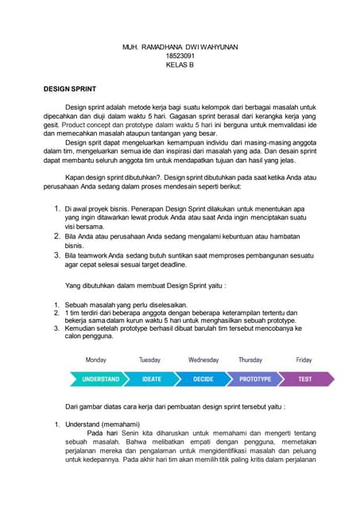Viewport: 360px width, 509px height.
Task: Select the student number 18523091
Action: click(x=180, y=56)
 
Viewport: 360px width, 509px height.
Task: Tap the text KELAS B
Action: click(x=180, y=64)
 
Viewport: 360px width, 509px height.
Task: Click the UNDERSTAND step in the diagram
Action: click(x=100, y=379)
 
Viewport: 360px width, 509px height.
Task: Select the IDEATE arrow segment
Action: click(x=151, y=379)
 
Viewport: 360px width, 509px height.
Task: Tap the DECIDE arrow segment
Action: click(x=203, y=379)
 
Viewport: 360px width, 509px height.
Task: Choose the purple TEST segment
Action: click(x=304, y=379)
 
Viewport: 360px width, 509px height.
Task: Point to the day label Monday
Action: click(x=95, y=360)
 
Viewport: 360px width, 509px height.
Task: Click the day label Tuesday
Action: click(x=149, y=360)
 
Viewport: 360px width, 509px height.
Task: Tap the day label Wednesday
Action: click(x=203, y=360)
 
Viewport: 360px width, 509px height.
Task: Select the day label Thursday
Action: click(x=250, y=360)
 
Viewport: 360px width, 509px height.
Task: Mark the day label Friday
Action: click(x=304, y=360)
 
